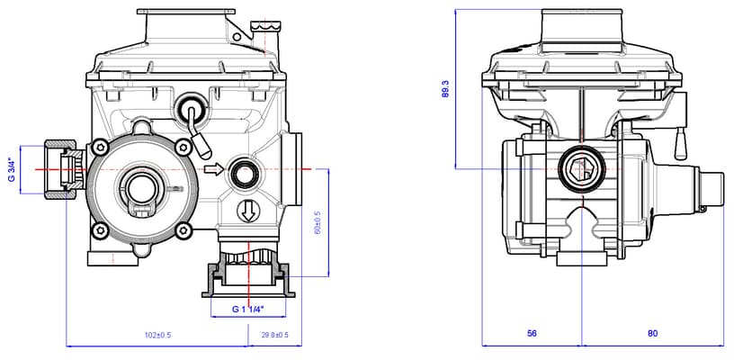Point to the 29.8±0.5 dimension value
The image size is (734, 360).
click(274, 335)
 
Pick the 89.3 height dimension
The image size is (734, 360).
click(445, 88)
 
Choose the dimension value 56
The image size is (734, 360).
click(532, 334)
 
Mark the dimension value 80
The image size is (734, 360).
click(652, 334)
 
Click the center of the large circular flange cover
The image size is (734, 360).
click(140, 186)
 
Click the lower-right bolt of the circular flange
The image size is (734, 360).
click(185, 231)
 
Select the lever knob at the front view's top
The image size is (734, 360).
click(192, 110)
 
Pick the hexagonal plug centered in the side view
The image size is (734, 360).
click(581, 168)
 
